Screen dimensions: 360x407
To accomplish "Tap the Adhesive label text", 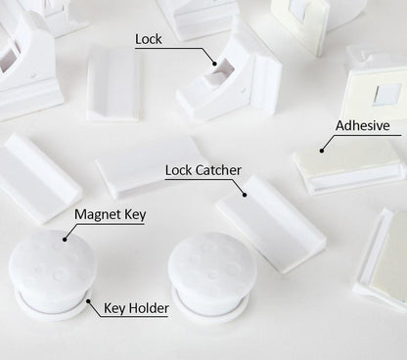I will pos(362,126).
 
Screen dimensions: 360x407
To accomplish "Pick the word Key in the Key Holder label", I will pos(114,309).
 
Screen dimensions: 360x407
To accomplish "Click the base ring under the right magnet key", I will pos(210,308).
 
